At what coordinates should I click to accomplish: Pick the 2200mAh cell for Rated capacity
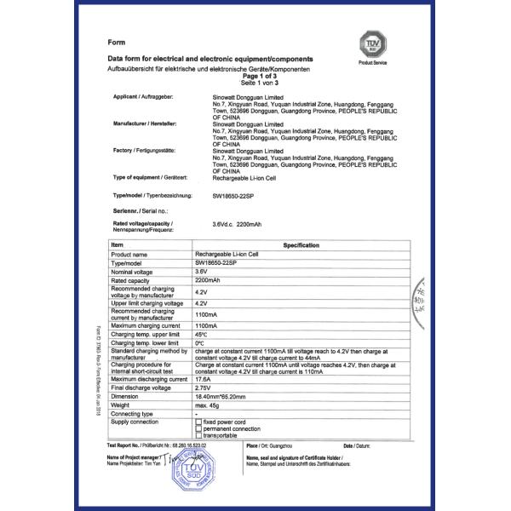click(x=207, y=279)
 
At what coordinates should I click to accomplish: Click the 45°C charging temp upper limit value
click(x=201, y=334)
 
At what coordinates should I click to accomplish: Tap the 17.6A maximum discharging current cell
click(x=203, y=378)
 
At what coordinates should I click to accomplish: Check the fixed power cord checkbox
click(x=198, y=422)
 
